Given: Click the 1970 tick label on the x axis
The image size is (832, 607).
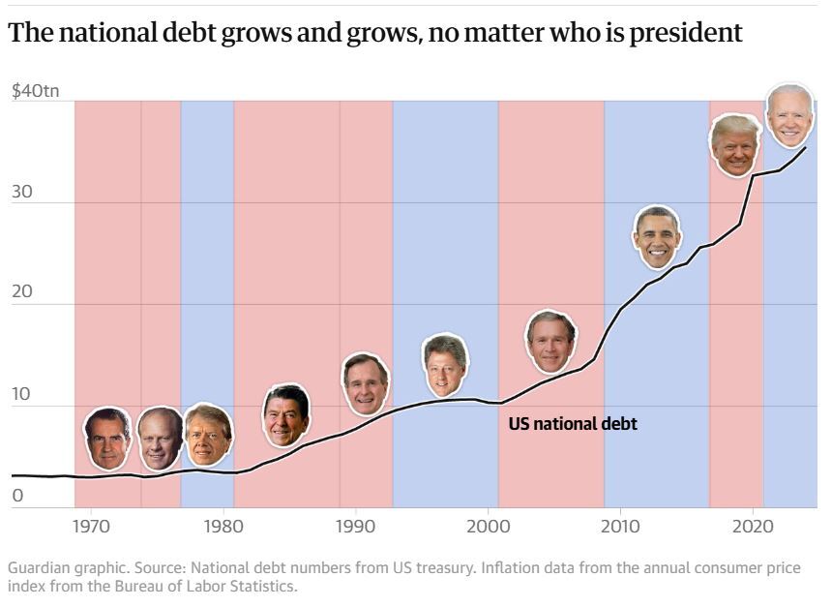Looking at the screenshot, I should tap(91, 527).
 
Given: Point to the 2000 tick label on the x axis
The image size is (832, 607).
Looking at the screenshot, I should tap(487, 527).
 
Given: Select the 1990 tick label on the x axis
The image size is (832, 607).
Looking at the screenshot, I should tap(355, 527).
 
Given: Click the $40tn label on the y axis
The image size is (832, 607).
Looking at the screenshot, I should tap(36, 91).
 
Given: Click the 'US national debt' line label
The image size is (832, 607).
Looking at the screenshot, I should tap(573, 423).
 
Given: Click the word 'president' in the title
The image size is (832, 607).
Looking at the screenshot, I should tap(683, 33).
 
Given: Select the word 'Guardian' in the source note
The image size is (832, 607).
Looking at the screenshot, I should tap(38, 568).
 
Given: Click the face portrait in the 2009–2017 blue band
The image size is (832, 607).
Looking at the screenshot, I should tap(658, 237).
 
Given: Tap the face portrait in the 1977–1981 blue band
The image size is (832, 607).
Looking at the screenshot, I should tap(207, 435).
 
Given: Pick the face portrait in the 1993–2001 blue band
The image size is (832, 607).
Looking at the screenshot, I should tap(445, 365).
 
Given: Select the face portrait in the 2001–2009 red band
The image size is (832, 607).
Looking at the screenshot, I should tap(550, 342).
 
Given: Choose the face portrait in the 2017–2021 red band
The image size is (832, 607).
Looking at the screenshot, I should tap(735, 145).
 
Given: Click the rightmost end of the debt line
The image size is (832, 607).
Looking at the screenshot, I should tap(806, 147).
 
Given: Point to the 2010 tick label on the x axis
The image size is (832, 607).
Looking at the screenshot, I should tap(619, 527).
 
